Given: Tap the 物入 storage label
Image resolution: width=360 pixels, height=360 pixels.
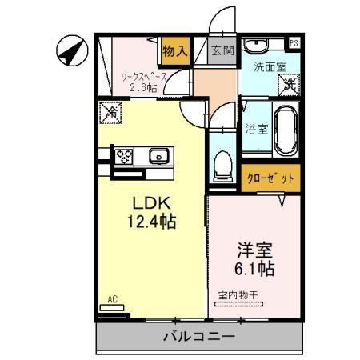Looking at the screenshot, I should tap(174, 51).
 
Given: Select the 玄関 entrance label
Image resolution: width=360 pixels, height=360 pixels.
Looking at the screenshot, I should tap(222, 50).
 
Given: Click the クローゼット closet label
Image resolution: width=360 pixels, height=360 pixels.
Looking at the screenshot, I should tap(270, 178).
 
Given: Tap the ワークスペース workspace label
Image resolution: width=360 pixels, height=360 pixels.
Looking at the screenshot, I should tap(144, 77).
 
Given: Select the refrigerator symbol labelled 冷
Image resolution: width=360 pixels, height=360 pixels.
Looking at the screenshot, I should tap(112, 114).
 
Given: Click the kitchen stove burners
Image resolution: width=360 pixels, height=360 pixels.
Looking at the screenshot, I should tap(125, 155).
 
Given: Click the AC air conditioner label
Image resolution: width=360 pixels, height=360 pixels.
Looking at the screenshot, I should tap(113, 300).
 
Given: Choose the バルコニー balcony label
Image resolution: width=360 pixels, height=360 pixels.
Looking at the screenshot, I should tap(200, 336).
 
